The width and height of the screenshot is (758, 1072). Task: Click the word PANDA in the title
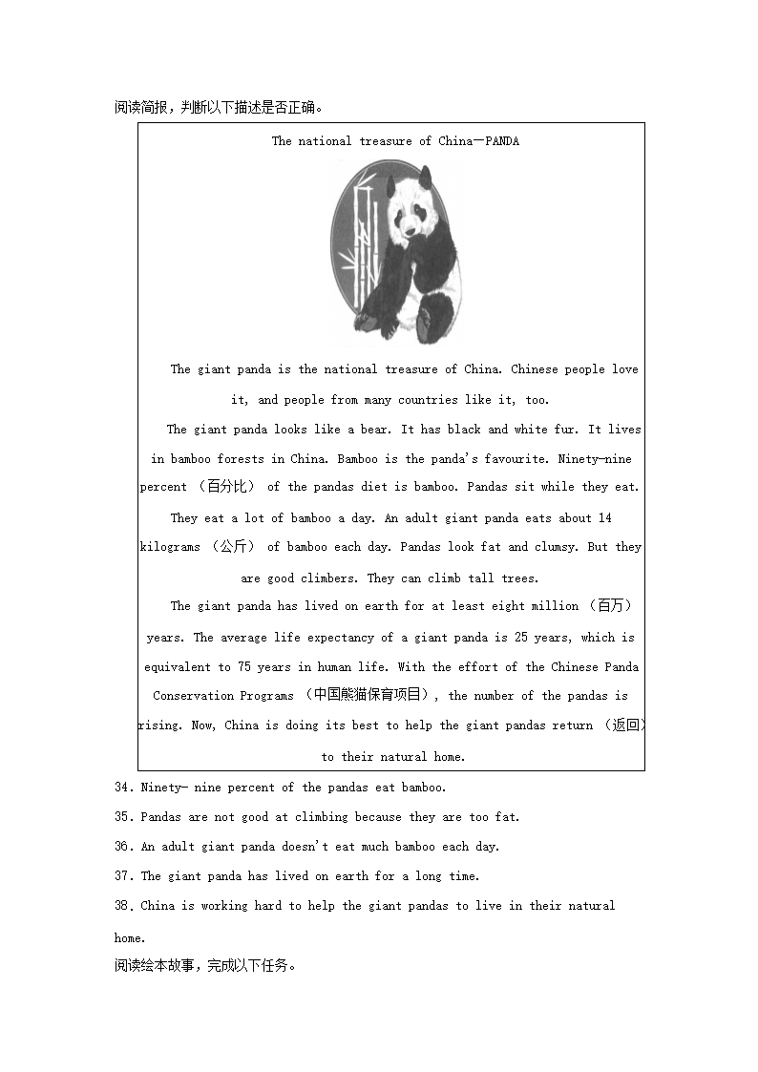coord(502,141)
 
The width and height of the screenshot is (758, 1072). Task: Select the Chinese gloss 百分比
coord(226,487)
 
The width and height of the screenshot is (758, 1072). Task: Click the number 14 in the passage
coord(605,518)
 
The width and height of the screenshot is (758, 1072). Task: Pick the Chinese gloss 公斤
coord(233,547)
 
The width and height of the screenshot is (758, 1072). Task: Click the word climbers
coord(330,578)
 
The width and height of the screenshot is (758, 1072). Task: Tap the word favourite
coord(518,459)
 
